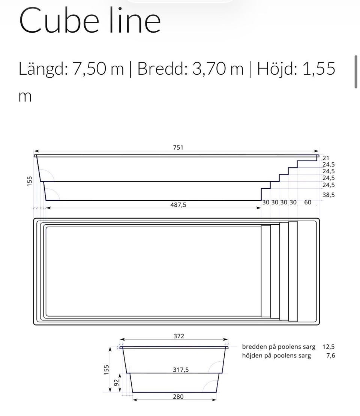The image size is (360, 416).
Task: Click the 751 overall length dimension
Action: (178, 147)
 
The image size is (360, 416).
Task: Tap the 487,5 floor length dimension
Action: (178, 205)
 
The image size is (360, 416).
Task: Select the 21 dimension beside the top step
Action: (326, 158)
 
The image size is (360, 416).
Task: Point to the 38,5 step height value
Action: (328, 195)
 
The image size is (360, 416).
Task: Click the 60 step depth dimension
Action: (307, 203)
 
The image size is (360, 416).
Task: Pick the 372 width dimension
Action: (179, 336)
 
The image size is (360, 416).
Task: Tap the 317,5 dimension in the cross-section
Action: (181, 369)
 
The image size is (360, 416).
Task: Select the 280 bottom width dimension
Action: (178, 396)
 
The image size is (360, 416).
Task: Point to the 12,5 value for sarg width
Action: (328, 347)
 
